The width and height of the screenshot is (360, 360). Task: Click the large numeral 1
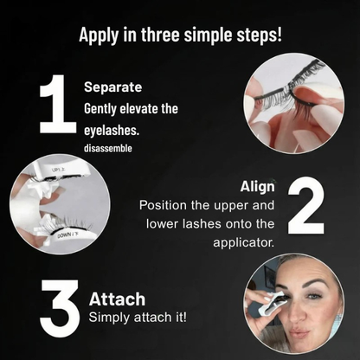point(58,104)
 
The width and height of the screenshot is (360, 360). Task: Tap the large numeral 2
point(306,205)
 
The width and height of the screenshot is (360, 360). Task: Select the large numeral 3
point(60,308)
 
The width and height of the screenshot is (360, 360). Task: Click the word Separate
point(113,87)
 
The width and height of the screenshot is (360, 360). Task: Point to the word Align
point(258,187)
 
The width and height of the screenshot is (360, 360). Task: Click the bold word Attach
point(117,299)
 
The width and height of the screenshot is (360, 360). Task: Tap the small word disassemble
point(108,148)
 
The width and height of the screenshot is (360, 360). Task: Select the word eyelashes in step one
point(112,131)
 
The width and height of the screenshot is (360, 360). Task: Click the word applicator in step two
point(243,242)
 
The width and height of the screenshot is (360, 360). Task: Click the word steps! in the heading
point(259,35)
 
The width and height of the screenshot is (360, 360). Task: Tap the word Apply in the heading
point(99,35)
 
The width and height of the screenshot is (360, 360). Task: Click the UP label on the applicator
point(58,170)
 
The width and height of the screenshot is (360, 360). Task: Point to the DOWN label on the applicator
point(67,235)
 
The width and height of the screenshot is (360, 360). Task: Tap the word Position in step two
point(163,205)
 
